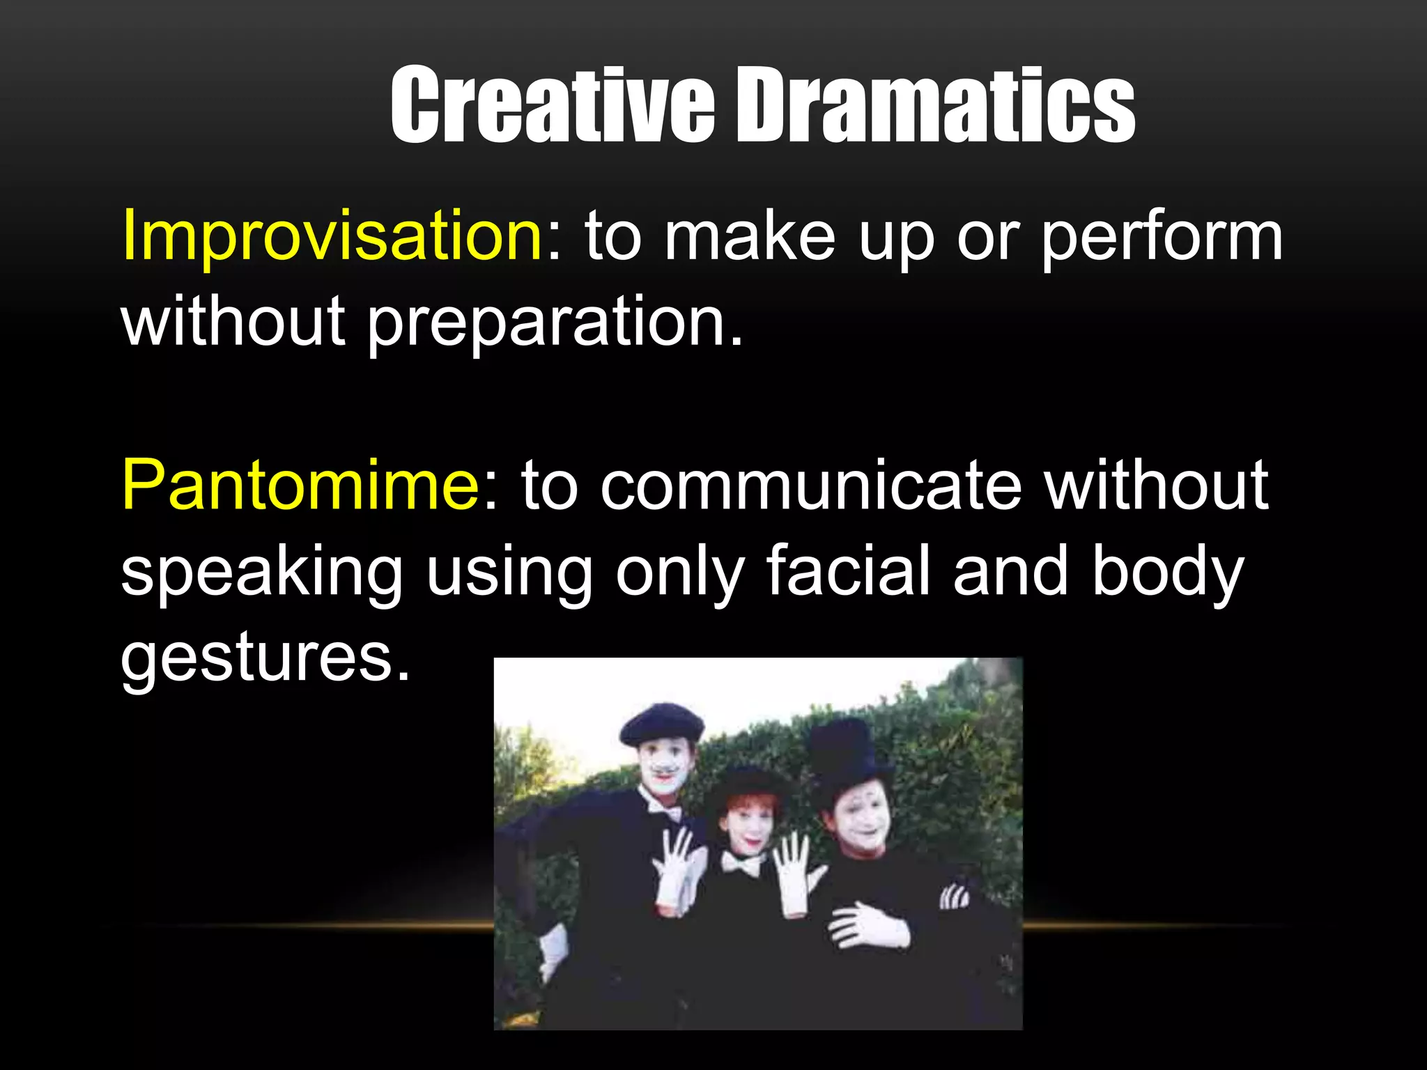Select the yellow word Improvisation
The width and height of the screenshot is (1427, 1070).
coord(332,237)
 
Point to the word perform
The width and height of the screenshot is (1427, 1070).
coord(1161,239)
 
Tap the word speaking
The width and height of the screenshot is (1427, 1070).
coord(261,573)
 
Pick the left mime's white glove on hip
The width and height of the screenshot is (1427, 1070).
coord(554,951)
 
